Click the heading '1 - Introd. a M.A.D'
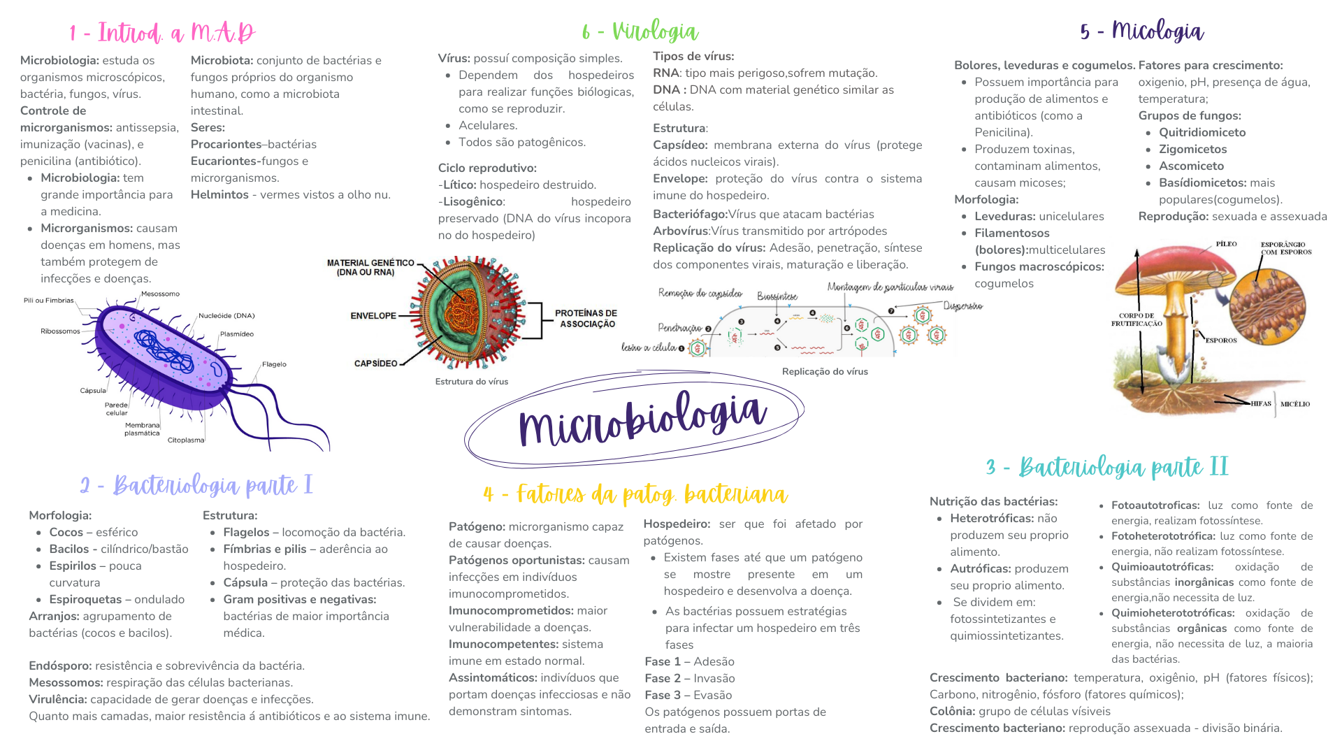(x=162, y=33)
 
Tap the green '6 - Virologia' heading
(x=640, y=31)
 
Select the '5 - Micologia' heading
(x=1141, y=31)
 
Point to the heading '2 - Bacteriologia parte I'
(x=196, y=485)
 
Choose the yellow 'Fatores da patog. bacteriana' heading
(x=635, y=494)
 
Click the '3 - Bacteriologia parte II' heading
(x=1107, y=467)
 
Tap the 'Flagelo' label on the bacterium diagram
(x=274, y=364)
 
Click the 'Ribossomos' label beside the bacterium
(x=60, y=331)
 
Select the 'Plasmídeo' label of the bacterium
(x=237, y=334)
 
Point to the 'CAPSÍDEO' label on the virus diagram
(x=375, y=364)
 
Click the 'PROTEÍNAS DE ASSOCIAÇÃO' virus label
(x=587, y=319)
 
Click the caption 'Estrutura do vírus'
(x=472, y=382)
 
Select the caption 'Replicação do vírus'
(x=825, y=372)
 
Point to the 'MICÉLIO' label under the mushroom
(x=1295, y=404)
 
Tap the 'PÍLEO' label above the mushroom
(x=1226, y=244)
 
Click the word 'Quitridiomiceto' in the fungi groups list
(x=1202, y=133)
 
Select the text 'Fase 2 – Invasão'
(x=690, y=678)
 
